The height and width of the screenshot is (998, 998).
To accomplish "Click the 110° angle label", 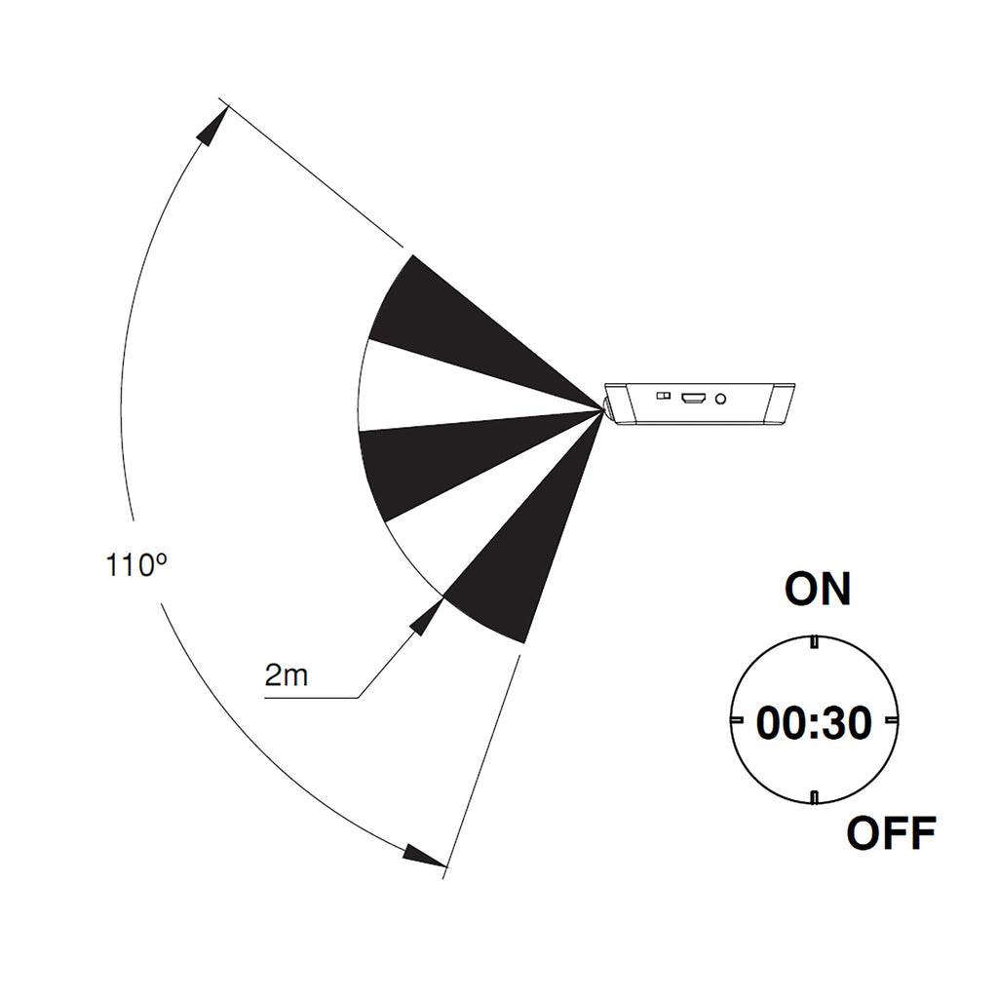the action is [x=136, y=565].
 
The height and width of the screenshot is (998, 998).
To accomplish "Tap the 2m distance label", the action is [x=287, y=674].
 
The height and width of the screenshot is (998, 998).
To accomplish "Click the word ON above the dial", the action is [x=818, y=589].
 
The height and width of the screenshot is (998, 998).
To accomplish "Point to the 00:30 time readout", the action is [x=814, y=723].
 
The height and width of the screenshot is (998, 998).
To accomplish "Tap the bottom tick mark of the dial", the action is [x=814, y=797].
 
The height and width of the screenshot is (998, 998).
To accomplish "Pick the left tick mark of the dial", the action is [x=737, y=720].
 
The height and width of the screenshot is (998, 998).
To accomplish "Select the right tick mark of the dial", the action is [x=892, y=720].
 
